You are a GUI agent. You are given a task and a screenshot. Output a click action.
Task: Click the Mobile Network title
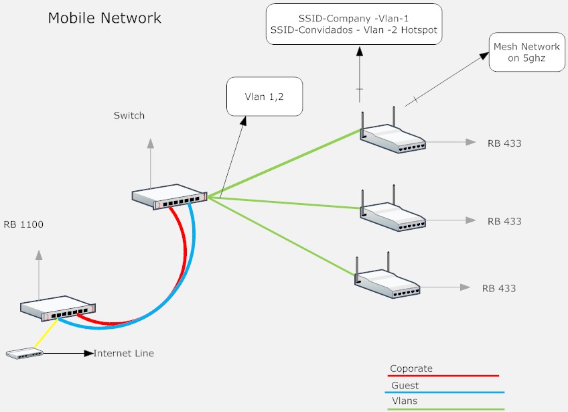point(104,18)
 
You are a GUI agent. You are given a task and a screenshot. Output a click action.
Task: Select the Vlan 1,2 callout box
point(265,97)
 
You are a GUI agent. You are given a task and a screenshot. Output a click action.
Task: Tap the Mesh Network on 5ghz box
point(526,52)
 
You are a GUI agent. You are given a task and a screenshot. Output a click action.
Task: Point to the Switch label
point(129,116)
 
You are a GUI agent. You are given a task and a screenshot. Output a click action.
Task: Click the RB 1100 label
point(23,224)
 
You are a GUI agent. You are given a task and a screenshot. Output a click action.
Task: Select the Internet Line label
point(124,353)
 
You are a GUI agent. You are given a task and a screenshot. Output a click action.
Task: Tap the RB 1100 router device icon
point(58,306)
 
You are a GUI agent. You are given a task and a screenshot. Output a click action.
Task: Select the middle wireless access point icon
point(393,215)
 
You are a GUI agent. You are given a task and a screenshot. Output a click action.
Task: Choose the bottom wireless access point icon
point(387,281)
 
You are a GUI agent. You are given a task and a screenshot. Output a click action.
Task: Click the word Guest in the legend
point(405,385)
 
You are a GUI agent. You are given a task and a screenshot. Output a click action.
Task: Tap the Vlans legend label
point(403,401)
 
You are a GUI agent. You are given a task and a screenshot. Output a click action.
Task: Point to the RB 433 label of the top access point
point(504,143)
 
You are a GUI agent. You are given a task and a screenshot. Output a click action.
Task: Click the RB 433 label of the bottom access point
point(499,289)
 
